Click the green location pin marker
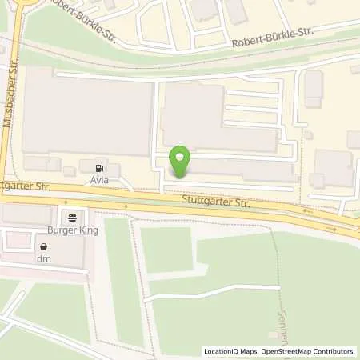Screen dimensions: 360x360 182,160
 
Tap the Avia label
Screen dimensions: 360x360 99,182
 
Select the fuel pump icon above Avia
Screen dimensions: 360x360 99,169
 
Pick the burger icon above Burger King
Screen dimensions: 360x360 73,217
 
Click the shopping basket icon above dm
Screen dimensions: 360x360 43,246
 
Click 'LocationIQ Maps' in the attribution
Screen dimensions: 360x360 230,351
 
